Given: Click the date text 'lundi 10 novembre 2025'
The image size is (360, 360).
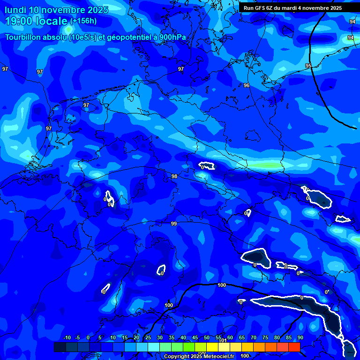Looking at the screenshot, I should (x=56, y=10).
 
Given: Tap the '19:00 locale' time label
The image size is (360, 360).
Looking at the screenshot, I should (x=37, y=21).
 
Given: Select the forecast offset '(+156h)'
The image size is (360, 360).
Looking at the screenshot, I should (x=83, y=21).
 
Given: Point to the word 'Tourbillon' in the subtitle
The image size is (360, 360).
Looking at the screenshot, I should (x=23, y=37).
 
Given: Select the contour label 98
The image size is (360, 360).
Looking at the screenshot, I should (x=174, y=176).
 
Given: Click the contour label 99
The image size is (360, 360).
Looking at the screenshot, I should (x=174, y=224).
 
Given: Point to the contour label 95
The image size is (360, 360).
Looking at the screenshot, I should (x=308, y=66).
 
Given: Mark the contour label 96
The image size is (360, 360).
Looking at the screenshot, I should (x=247, y=85).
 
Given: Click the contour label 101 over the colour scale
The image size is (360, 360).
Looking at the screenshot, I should (x=224, y=340).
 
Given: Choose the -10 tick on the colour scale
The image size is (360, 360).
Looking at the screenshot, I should (x=67, y=338).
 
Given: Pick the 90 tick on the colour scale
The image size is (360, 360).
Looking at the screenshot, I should (x=300, y=338).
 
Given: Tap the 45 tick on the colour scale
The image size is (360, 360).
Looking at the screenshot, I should (x=195, y=338).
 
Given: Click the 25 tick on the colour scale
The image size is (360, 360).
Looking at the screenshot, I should (x=148, y=338).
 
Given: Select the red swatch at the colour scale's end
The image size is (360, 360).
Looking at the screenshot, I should (x=294, y=347).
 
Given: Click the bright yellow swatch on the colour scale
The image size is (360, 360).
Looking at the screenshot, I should (x=212, y=347).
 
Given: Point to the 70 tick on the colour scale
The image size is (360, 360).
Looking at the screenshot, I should (x=254, y=338).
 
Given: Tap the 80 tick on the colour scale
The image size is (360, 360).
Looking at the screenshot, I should (x=277, y=338).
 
